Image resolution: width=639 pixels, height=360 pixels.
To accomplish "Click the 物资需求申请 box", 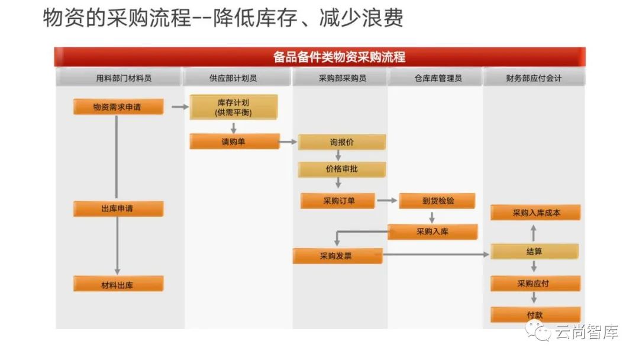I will pyautogui.click(x=118, y=107).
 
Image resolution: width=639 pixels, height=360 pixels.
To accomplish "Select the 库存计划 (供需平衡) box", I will pyautogui.click(x=233, y=107).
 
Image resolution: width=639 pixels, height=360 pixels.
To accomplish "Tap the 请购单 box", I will pyautogui.click(x=234, y=142).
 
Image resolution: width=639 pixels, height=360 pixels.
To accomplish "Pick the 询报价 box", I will pyautogui.click(x=342, y=142).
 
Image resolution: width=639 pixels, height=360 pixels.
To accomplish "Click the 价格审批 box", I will pyautogui.click(x=342, y=169).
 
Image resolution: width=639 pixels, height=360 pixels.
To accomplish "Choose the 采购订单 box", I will pyautogui.click(x=338, y=201).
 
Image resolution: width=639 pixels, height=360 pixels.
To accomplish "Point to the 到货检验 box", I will pyautogui.click(x=437, y=201).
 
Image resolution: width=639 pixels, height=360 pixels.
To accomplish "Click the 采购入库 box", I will pyautogui.click(x=433, y=232).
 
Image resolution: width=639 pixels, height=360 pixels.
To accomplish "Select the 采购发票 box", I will pyautogui.click(x=338, y=256).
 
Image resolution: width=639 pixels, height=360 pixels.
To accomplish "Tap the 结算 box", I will pyautogui.click(x=534, y=252).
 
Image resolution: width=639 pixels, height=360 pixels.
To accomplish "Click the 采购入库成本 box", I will pyautogui.click(x=535, y=213).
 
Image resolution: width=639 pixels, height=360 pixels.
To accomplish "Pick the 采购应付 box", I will pyautogui.click(x=534, y=284).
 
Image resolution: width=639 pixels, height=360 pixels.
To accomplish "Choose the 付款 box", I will pyautogui.click(x=534, y=315).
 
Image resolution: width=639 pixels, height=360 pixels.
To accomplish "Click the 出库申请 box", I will pyautogui.click(x=118, y=208).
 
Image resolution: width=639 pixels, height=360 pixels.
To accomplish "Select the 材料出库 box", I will pyautogui.click(x=118, y=284).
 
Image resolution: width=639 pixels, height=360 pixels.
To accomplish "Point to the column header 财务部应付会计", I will pyautogui.click(x=534, y=78).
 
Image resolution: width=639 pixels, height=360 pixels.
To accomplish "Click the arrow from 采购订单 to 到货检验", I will pyautogui.click(x=387, y=201).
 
